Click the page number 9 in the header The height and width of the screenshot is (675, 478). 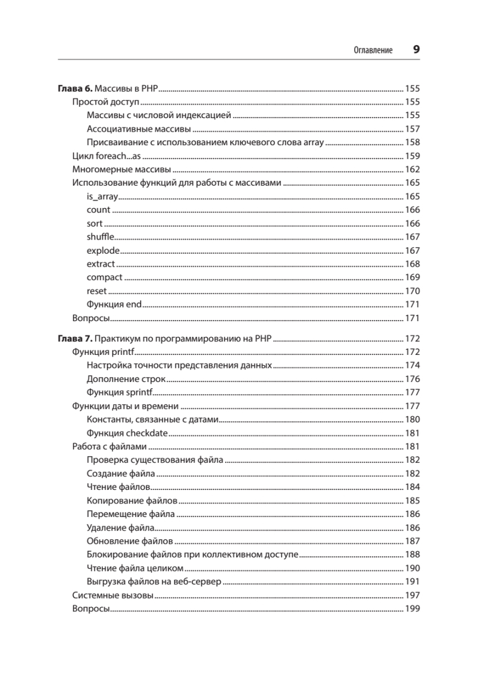416,49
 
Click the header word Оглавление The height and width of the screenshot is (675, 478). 373,50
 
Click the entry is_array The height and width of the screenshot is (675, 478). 101,196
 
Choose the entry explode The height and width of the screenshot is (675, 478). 102,250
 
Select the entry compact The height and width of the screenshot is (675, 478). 104,277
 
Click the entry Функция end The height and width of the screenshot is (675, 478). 114,304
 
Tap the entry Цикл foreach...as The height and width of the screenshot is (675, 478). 106,156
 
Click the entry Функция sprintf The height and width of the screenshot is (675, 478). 120,393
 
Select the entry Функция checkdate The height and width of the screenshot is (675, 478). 127,433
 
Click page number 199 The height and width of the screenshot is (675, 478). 413,609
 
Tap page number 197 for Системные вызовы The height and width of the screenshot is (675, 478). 413,595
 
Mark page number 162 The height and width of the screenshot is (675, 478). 413,169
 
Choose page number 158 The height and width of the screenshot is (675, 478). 413,142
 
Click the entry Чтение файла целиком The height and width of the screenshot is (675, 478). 135,568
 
